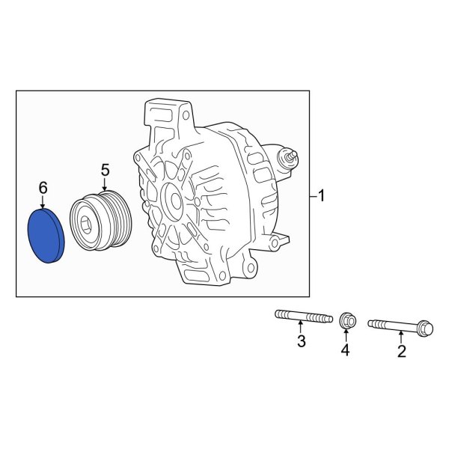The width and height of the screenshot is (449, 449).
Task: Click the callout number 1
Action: pyautogui.click(x=322, y=197)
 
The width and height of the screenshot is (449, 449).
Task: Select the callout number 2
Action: pyautogui.click(x=402, y=352)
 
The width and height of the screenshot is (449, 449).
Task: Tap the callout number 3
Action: pyautogui.click(x=302, y=343)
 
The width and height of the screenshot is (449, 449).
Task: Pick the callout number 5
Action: pyautogui.click(x=106, y=170)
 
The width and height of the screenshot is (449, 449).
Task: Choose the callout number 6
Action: pyautogui.click(x=43, y=186)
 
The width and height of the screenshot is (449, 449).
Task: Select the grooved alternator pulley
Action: pyautogui.click(x=100, y=223)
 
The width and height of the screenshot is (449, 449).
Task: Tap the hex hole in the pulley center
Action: pyautogui.click(x=89, y=224)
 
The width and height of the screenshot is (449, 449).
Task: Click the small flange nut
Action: pyautogui.click(x=346, y=321)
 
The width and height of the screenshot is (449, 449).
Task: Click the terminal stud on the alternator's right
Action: pyautogui.click(x=288, y=158)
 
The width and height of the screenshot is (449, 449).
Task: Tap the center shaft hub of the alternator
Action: pyautogui.click(x=171, y=201)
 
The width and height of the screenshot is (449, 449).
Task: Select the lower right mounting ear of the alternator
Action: pyautogui.click(x=277, y=240)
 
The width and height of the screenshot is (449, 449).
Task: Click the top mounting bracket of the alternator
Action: pyautogui.click(x=165, y=116)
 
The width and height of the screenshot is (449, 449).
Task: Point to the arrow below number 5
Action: pyautogui.click(x=106, y=185)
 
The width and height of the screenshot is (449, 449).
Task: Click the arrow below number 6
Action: pyautogui.click(x=43, y=203)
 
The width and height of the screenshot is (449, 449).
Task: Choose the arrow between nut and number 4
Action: pyautogui.click(x=346, y=335)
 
